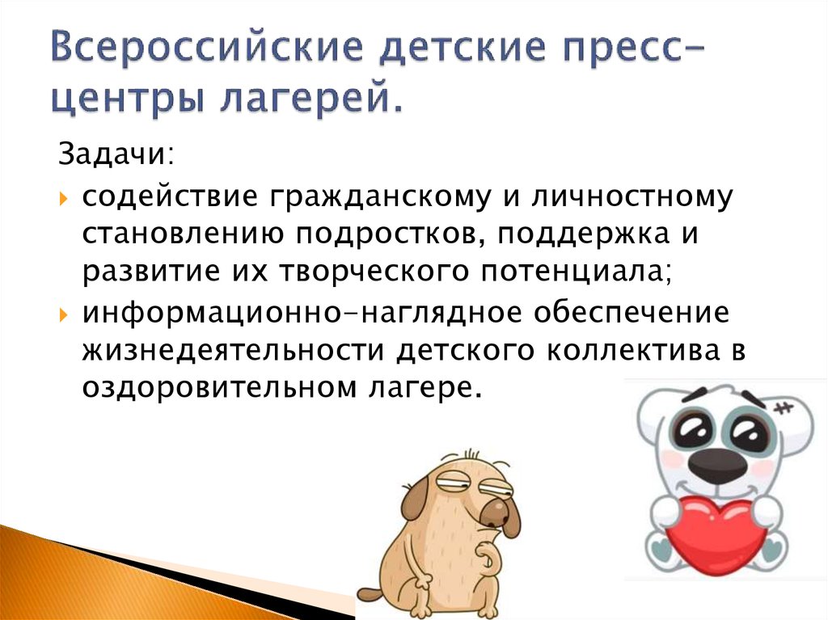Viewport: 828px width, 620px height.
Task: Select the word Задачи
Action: pyautogui.click(x=108, y=153)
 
